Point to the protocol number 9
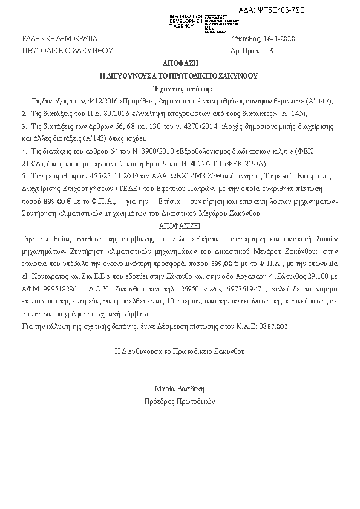pos(272,51)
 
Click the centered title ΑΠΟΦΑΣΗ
pos(180,63)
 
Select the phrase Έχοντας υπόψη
pos(179,89)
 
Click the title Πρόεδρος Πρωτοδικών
pos(180,401)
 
